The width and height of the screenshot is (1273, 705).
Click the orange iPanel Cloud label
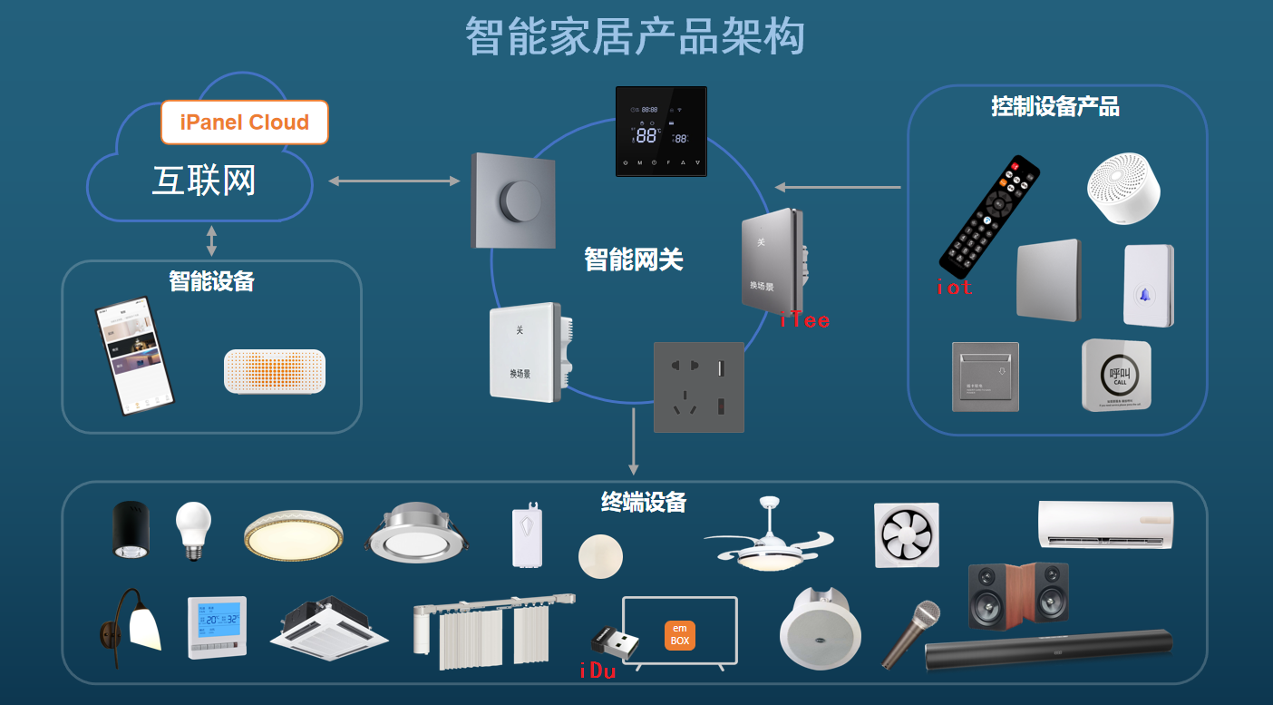(x=245, y=122)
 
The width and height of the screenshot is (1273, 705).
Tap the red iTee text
(x=805, y=319)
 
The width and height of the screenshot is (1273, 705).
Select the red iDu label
(x=598, y=671)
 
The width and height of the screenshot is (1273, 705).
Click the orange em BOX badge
(x=679, y=635)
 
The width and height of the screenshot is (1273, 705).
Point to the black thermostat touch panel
(x=661, y=132)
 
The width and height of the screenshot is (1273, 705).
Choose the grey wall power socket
(x=699, y=387)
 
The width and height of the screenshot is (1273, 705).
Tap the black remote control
(x=989, y=217)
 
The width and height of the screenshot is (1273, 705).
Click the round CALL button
(x=1116, y=376)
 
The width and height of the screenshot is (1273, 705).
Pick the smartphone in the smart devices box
(x=135, y=356)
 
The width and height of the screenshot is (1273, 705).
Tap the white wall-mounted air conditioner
(x=1105, y=524)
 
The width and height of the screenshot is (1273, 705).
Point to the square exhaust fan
(x=907, y=535)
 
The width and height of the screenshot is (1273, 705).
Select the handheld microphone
(x=910, y=634)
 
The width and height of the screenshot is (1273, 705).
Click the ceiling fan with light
(x=768, y=539)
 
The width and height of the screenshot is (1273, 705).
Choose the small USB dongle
(x=614, y=642)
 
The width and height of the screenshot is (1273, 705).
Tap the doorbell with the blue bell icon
(x=1149, y=286)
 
